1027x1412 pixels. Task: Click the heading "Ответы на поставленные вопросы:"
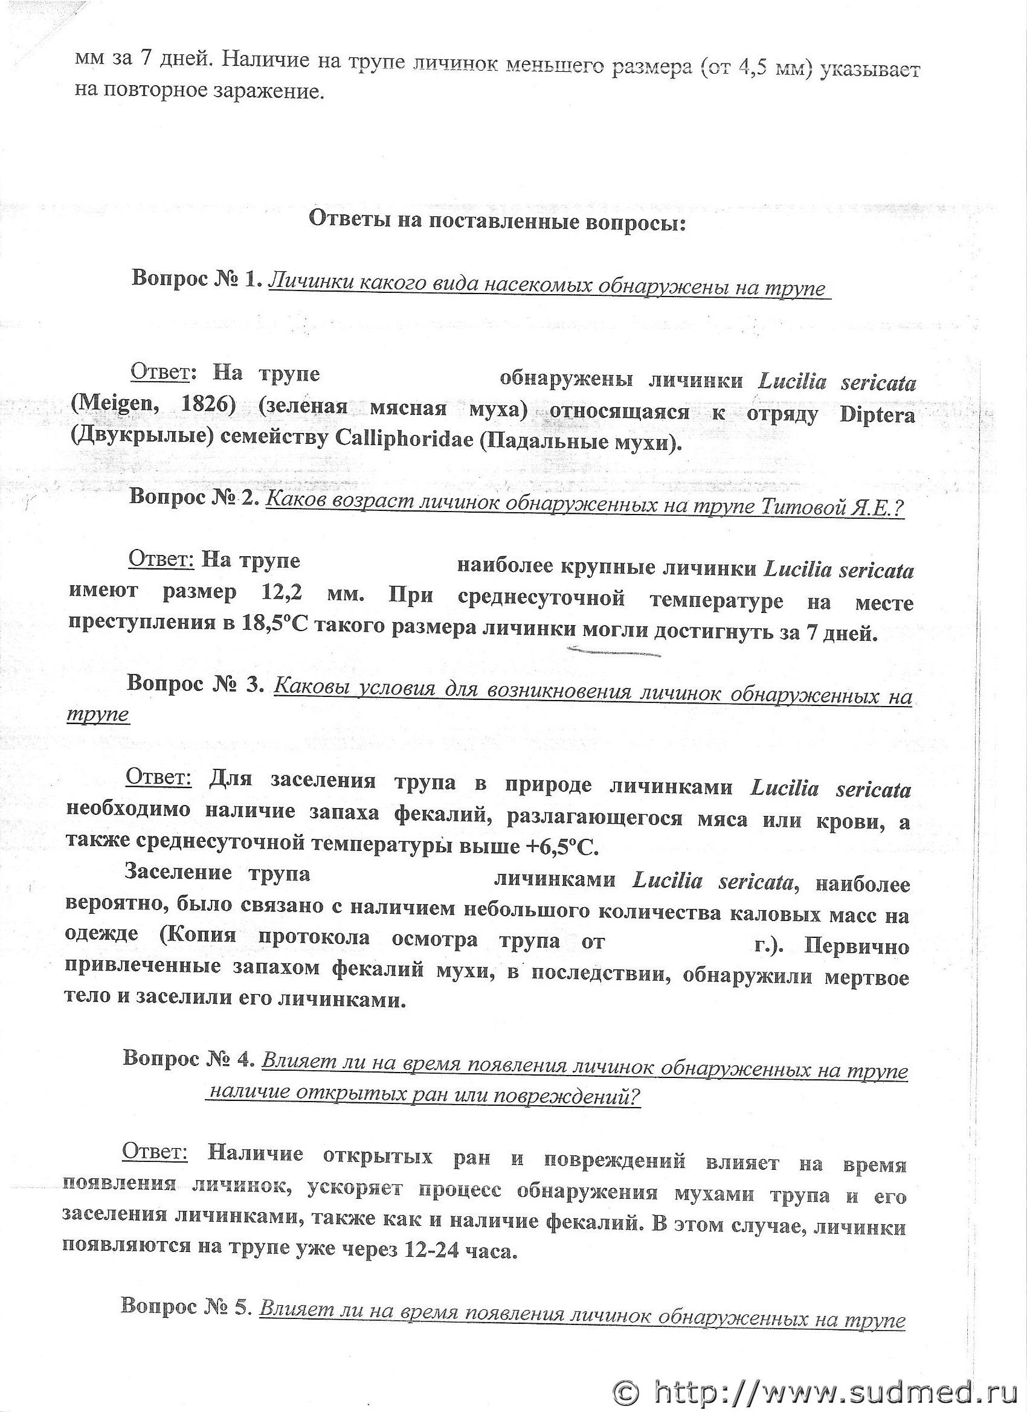[497, 222]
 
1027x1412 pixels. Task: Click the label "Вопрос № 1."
[196, 279]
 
